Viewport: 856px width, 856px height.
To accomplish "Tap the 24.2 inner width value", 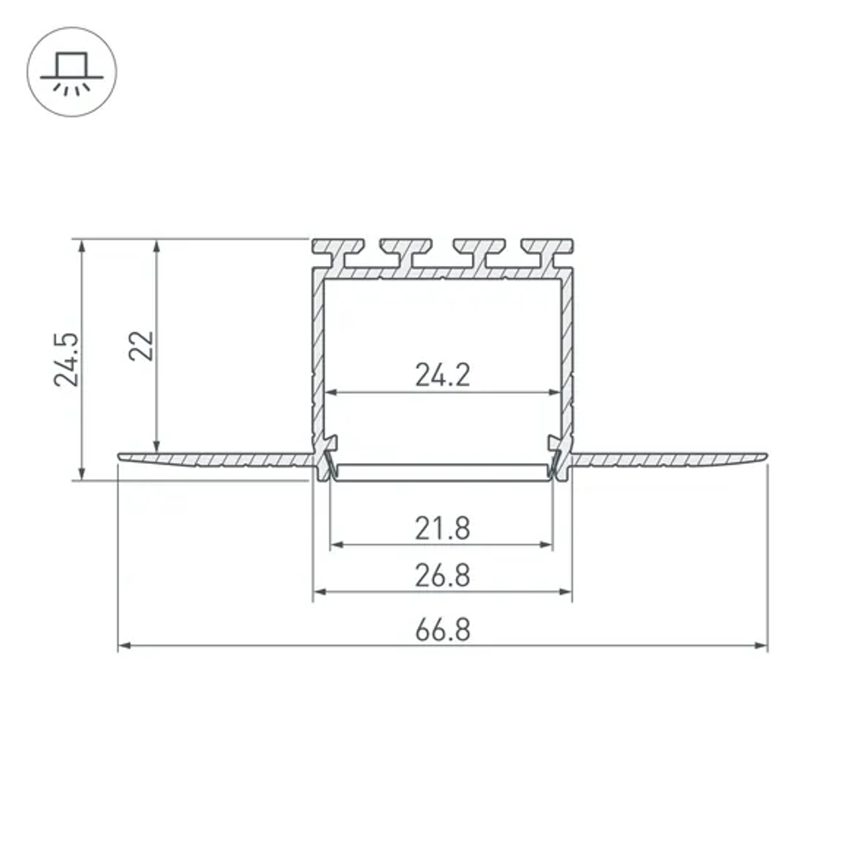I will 443,374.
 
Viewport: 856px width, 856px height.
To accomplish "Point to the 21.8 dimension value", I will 443,528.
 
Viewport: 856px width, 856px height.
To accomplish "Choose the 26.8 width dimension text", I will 443,575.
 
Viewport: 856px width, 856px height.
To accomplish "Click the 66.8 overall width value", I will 443,630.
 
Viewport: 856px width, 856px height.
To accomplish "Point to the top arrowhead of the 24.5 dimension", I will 82,246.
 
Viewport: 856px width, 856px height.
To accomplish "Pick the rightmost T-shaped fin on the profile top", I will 548,251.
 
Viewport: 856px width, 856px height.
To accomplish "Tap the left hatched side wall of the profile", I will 318,360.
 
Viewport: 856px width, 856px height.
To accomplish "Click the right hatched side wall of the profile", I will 567,360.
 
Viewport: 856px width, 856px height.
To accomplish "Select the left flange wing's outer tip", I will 121,456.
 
